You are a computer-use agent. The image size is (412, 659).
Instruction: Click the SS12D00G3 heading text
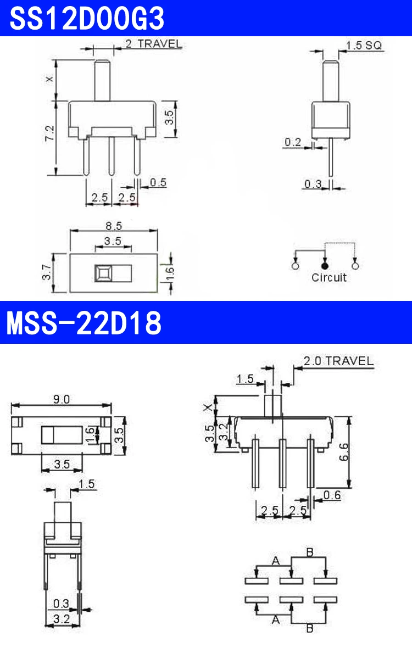[87, 18]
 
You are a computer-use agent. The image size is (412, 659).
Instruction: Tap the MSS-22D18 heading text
[84, 323]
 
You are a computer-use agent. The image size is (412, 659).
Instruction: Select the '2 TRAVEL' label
[154, 44]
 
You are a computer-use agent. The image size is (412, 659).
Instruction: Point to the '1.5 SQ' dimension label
[364, 45]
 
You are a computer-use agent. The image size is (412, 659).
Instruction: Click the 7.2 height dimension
[50, 133]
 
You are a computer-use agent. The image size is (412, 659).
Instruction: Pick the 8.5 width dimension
[114, 226]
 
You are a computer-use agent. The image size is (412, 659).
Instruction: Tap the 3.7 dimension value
[47, 272]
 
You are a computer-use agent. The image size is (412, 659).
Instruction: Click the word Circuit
[329, 277]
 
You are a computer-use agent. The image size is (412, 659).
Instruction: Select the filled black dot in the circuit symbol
[325, 266]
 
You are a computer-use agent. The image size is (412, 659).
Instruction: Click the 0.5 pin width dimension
[158, 182]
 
